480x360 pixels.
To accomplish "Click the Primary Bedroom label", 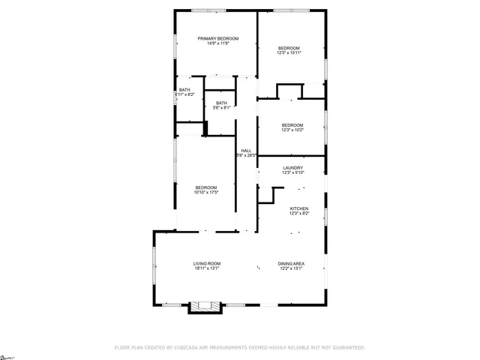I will click(217, 38).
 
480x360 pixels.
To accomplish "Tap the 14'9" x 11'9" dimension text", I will click(217, 43).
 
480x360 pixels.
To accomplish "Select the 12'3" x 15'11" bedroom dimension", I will click(289, 52).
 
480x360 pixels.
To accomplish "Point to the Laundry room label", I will click(292, 167).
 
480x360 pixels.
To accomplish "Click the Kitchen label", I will click(299, 208).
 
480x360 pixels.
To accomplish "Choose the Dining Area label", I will click(290, 263).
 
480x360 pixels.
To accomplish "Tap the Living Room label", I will click(207, 263).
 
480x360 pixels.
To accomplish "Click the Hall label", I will click(245, 151).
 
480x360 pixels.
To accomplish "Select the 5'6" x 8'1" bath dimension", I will click(221, 108).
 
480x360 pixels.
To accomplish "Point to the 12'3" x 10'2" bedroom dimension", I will click(292, 130).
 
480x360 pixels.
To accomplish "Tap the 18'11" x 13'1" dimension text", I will click(207, 268).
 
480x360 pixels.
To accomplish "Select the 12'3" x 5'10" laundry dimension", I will click(292, 172).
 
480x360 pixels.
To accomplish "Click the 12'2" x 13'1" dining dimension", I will click(290, 268).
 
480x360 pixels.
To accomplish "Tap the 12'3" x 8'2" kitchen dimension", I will click(299, 214).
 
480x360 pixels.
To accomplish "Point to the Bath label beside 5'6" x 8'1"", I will click(221, 103).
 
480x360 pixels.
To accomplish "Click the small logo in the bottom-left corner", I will click(7, 354).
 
